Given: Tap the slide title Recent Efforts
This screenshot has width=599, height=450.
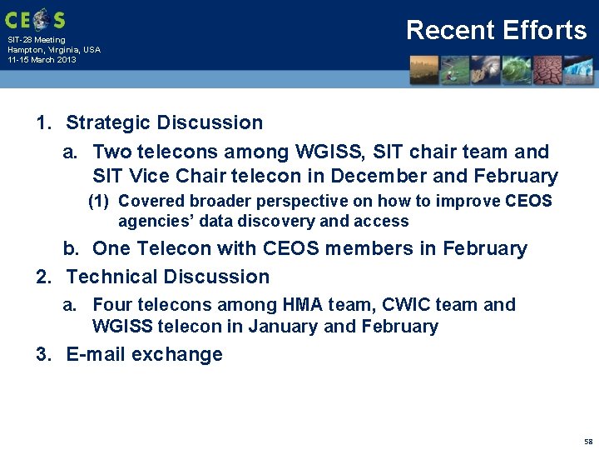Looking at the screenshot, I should click(x=496, y=30).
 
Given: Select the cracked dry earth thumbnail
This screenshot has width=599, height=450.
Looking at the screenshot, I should click(x=547, y=70).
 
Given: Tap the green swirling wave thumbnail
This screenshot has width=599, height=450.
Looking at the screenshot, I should click(x=517, y=70).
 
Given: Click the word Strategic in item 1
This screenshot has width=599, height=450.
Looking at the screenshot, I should click(x=112, y=122).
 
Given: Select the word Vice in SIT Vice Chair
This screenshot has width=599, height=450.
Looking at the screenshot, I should click(x=150, y=176).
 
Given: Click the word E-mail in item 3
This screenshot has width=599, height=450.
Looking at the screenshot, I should click(x=96, y=354).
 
